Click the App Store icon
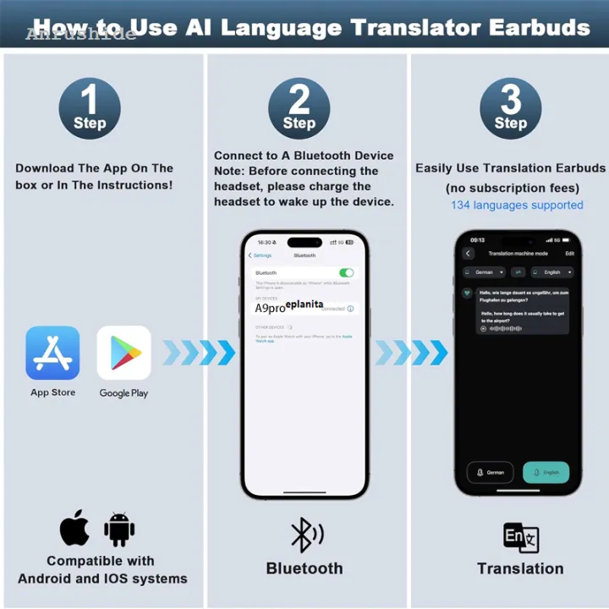[52, 353]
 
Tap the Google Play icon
[123, 353]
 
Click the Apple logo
[74, 528]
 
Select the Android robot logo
[119, 529]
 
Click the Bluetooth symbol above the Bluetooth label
[305, 535]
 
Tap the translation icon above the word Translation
[520, 537]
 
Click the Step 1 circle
[90, 108]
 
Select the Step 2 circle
[299, 108]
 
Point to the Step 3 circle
[511, 108]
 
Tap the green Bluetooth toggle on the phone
[346, 273]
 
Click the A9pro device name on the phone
[271, 309]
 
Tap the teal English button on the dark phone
[546, 473]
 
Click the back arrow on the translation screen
[469, 253]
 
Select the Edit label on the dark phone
[569, 253]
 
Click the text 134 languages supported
[517, 205]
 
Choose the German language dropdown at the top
[485, 272]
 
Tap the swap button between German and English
[518, 272]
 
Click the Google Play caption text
[123, 393]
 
